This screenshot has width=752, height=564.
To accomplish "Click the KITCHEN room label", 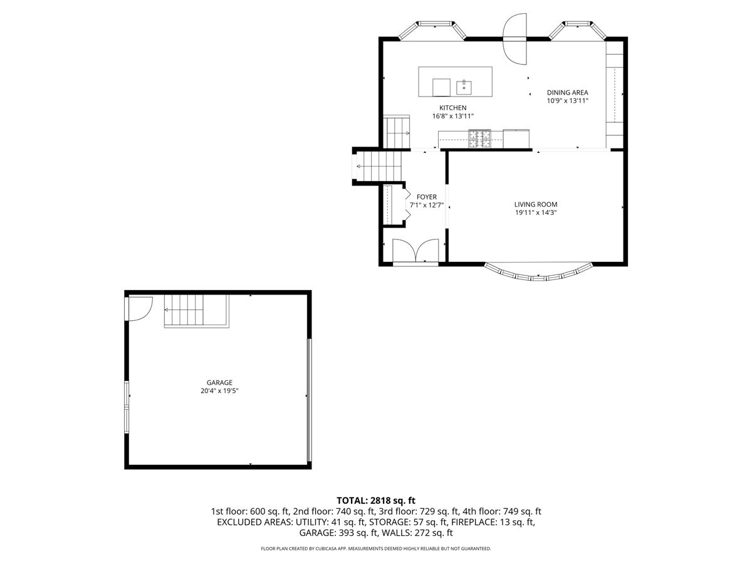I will (452, 108).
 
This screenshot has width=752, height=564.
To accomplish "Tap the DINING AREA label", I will (567, 92).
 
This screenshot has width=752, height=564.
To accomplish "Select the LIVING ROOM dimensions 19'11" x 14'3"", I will (535, 212).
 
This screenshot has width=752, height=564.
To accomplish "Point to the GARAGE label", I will (219, 382).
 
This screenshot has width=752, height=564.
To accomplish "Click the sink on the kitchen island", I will (464, 86).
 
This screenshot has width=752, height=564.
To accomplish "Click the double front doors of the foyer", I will (415, 251).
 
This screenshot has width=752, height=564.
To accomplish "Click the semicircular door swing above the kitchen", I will (515, 39).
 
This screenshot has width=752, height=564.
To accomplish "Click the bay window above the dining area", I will (577, 29).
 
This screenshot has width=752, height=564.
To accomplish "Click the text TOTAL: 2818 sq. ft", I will (376, 500).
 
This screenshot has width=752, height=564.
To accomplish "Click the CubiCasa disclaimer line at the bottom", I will (376, 548).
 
